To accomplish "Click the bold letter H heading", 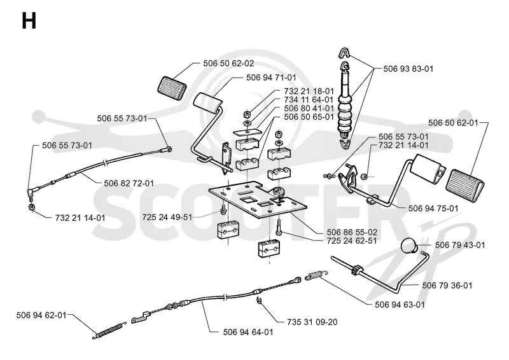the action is [x=29, y=22].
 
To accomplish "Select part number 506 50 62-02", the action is [x=228, y=64].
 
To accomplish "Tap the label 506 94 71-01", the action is [x=272, y=78].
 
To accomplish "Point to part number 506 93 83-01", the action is [x=408, y=69].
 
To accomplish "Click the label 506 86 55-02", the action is [x=352, y=232].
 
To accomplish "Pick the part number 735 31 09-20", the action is [x=312, y=322].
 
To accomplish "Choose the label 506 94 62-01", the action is [x=41, y=315].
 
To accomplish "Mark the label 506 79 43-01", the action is [x=460, y=245].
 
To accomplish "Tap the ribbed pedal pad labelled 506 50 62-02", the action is [x=172, y=85].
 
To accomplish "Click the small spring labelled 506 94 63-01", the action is [x=316, y=275].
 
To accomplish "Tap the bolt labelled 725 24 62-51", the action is [x=279, y=227].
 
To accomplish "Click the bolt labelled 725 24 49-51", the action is [x=223, y=209].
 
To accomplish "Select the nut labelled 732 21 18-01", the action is [x=247, y=114].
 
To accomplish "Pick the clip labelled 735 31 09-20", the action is [x=259, y=300].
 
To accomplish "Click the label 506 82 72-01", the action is [x=129, y=183].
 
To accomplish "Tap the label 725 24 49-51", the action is [x=167, y=217].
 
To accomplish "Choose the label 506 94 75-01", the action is [x=433, y=209].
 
